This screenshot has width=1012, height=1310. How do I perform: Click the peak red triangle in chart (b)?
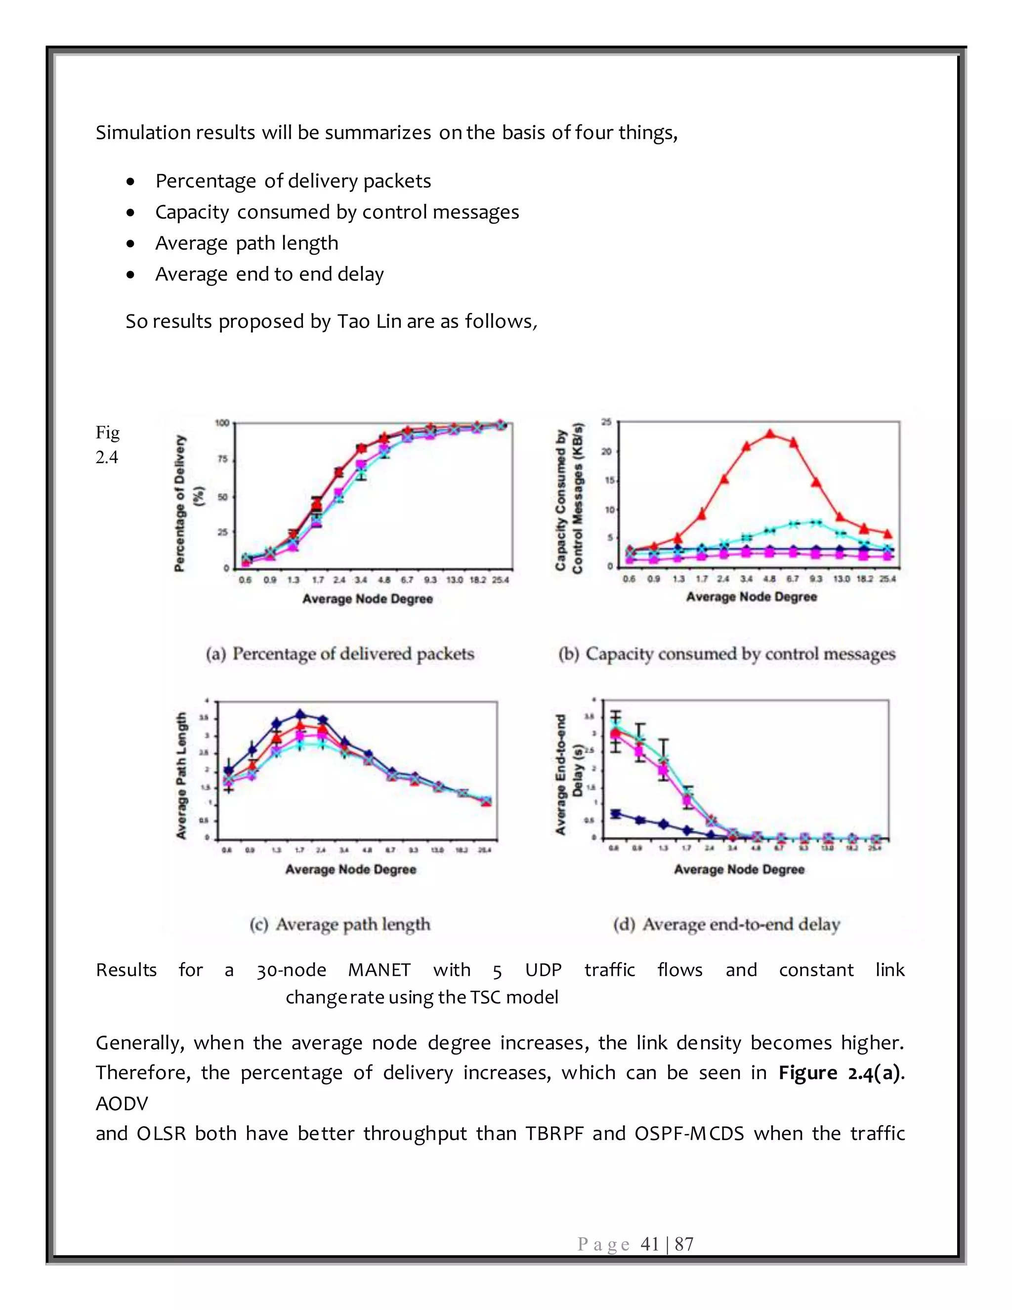pos(770,434)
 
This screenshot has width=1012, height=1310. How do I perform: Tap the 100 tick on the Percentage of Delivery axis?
pos(222,423)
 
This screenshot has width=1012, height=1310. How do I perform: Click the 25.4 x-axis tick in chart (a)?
pos(500,580)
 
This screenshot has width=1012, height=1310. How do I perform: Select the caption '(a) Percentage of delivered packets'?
pos(339,654)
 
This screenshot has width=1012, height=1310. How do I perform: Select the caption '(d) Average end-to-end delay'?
pos(726,924)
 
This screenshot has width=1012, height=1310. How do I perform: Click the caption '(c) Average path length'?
pos(339,924)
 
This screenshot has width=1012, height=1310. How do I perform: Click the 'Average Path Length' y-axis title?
pos(181,775)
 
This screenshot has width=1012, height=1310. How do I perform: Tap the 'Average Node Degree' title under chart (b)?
pos(751,597)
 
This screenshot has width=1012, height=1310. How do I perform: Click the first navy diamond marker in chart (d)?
pos(615,813)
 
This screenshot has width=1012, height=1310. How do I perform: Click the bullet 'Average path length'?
pos(247,243)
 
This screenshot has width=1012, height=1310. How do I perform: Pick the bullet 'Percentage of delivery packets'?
pos(293,181)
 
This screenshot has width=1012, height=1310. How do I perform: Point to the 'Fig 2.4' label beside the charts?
pos(107,444)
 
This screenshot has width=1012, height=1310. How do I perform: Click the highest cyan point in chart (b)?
pos(815,522)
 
